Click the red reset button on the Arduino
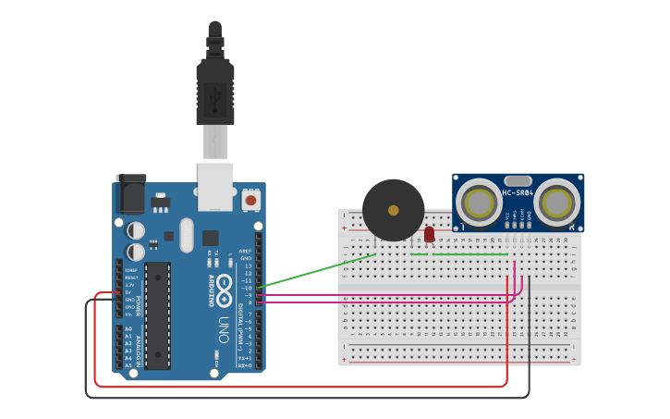click(x=250, y=200)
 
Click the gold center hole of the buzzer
click(x=394, y=211)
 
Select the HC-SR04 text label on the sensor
click(x=518, y=193)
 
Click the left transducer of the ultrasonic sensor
click(x=479, y=203)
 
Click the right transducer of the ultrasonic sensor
click(x=558, y=203)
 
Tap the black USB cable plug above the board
click(x=214, y=92)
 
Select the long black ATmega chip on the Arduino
click(x=158, y=314)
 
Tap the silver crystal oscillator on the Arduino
click(x=187, y=235)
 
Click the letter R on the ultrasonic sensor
click(x=573, y=227)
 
